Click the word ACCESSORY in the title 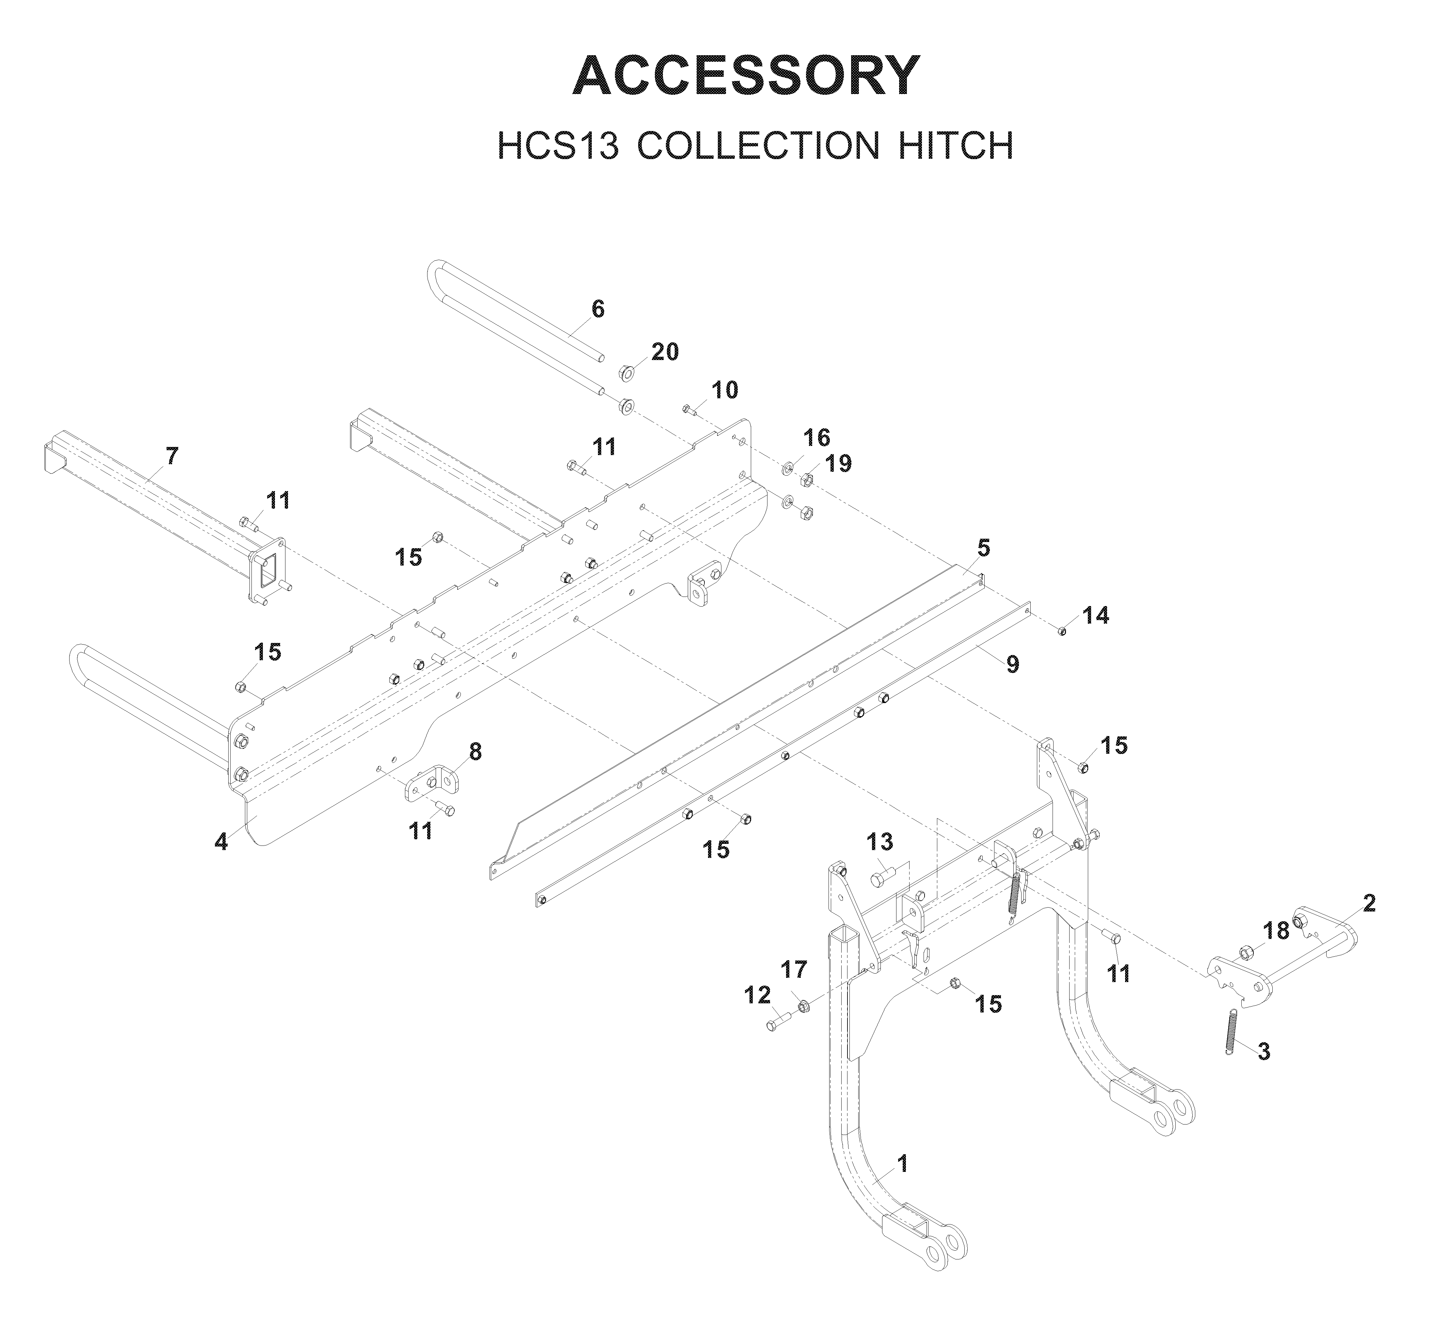746,75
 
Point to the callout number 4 221,841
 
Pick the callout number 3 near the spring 1264,1051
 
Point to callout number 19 838,464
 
